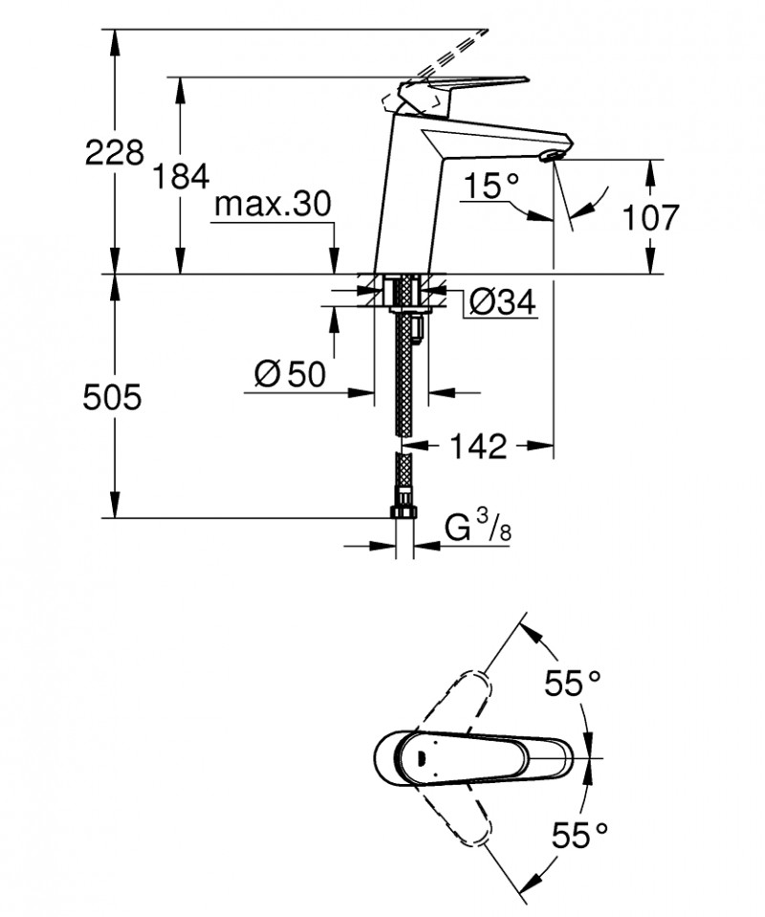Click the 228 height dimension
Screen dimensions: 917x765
click(x=114, y=151)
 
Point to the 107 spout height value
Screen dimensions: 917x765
click(x=650, y=217)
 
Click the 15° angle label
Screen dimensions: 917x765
click(x=492, y=185)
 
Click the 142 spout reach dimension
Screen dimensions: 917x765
click(x=478, y=446)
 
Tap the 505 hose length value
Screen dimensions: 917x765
click(x=114, y=396)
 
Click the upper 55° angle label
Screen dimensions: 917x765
click(x=572, y=683)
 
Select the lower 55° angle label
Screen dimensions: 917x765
click(x=579, y=834)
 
